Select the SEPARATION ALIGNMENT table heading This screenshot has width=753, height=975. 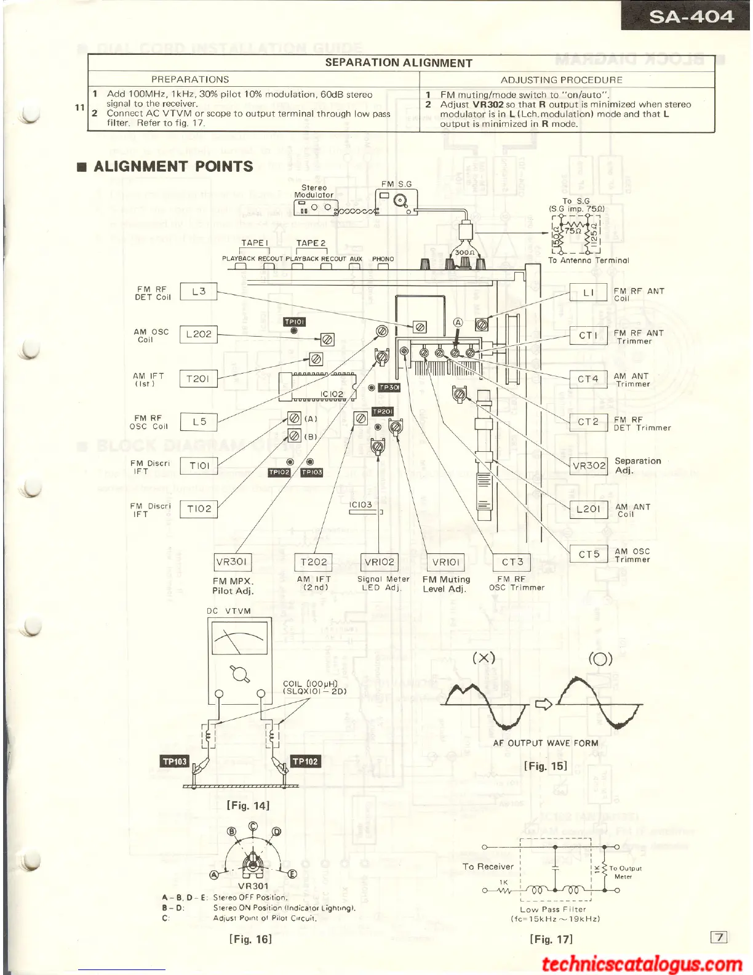pyautogui.click(x=398, y=63)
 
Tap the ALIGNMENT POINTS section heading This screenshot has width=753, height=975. pyautogui.click(x=173, y=166)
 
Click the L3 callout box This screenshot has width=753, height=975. pyautogui.click(x=199, y=292)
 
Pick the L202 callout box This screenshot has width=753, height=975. pyautogui.click(x=199, y=334)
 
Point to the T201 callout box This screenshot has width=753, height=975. pyautogui.click(x=198, y=379)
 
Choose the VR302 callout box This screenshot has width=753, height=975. pyautogui.click(x=589, y=465)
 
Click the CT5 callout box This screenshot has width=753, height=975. pyautogui.click(x=589, y=554)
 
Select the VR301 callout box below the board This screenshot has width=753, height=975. pyautogui.click(x=231, y=561)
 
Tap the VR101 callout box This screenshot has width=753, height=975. pyautogui.click(x=445, y=562)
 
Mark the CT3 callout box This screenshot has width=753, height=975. pyautogui.click(x=512, y=561)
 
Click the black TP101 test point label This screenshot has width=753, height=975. pyautogui.click(x=295, y=322)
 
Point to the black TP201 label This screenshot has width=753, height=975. pyautogui.click(x=382, y=411)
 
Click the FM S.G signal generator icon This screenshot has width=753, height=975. pyautogui.click(x=396, y=201)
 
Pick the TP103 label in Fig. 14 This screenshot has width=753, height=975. pyautogui.click(x=175, y=761)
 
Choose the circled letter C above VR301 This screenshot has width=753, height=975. pyautogui.click(x=253, y=826)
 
